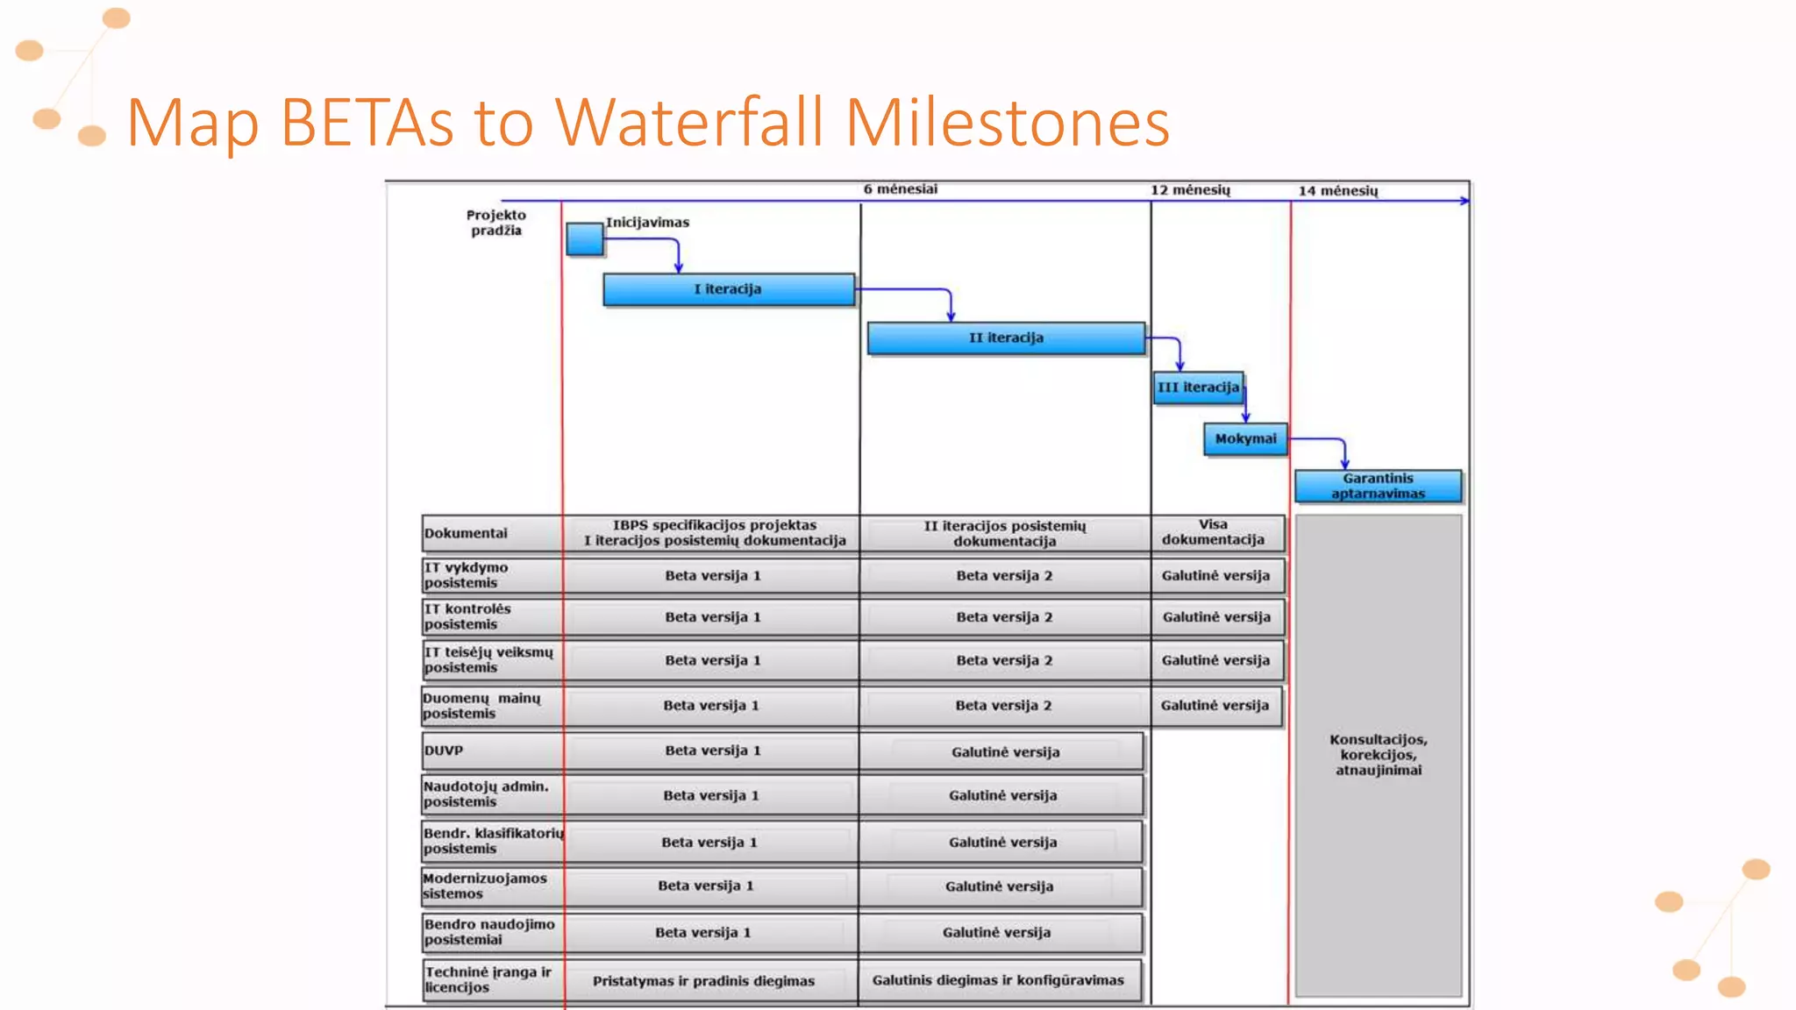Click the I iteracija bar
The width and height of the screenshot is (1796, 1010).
click(x=728, y=289)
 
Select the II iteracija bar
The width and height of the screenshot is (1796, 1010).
click(x=1006, y=338)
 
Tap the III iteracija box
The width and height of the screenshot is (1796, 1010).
click(x=1198, y=388)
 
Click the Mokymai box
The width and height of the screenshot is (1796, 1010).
click(x=1245, y=438)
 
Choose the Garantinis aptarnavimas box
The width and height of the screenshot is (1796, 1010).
click(x=1378, y=486)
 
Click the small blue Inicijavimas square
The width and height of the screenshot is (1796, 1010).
click(x=584, y=238)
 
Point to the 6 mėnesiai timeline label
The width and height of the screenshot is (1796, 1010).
click(x=900, y=189)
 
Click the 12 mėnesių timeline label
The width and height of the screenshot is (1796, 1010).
click(x=1190, y=190)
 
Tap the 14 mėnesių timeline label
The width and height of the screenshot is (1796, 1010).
click(x=1337, y=191)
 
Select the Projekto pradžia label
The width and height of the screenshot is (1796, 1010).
click(x=495, y=223)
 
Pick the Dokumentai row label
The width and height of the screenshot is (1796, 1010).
click(x=466, y=533)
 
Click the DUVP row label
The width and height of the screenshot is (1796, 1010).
click(x=444, y=750)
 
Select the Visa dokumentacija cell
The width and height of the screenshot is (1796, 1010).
click(x=1214, y=532)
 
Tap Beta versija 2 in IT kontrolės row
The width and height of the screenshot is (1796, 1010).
click(x=1004, y=617)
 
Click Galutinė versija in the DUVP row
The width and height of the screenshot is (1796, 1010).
click(x=1005, y=752)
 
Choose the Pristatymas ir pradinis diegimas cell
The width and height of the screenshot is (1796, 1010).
click(x=703, y=981)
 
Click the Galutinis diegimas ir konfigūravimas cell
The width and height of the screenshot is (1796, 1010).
click(x=998, y=980)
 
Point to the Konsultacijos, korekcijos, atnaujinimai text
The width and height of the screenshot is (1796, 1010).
click(x=1378, y=755)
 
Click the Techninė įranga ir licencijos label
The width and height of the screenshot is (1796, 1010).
click(x=488, y=979)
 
